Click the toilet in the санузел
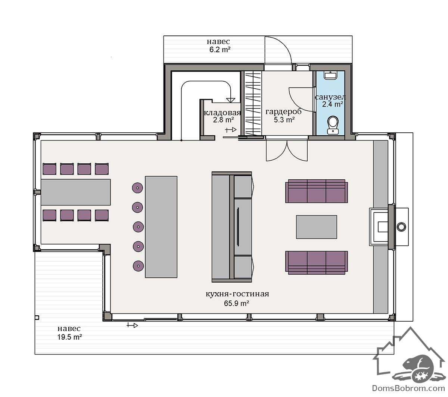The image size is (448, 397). pos(332,125)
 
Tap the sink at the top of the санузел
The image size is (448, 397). pos(330,75)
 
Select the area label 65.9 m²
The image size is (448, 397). pos(236,303)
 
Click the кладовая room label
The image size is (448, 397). pos(222,113)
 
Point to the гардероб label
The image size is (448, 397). pos(283,111)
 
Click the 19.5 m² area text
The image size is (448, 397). pos(69,337)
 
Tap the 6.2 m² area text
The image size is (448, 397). pos(220,50)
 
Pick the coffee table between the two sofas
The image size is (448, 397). pos(316,227)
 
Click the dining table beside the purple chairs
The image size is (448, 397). pos(76,192)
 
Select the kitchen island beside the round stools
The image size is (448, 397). pos(161,227)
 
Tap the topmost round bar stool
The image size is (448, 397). pos(137,188)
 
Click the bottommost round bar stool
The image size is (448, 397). pos(138,266)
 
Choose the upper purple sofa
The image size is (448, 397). pos(316,191)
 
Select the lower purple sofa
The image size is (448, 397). pos(316,262)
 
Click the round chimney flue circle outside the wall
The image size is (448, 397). pos(401,227)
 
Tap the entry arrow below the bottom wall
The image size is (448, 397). pos(132,325)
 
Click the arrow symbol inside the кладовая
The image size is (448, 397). pos(231,130)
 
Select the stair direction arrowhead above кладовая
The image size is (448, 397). pos(231,100)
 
